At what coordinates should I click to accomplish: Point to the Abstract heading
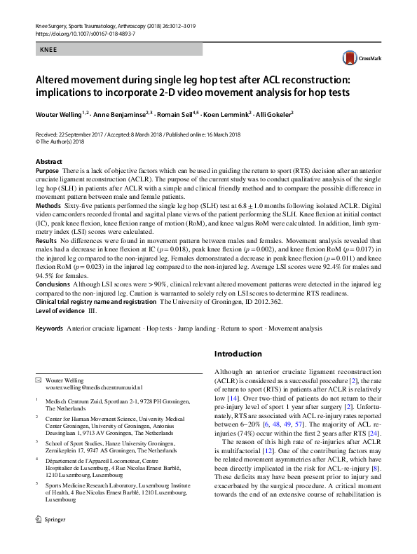(48, 162)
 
